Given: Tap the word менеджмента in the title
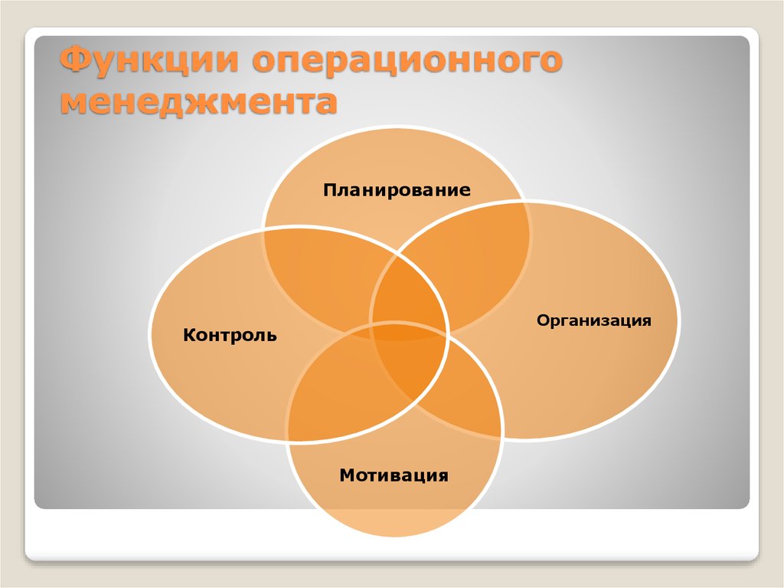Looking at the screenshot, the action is (198, 103).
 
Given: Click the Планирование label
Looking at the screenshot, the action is (397, 190).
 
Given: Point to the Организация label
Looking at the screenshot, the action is (594, 320).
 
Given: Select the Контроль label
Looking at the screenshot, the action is (230, 334).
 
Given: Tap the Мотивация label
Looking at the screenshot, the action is (394, 475).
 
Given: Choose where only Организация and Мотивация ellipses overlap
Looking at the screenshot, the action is (465, 396).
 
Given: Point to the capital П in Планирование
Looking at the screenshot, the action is (330, 190).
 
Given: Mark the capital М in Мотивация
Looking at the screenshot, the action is (348, 475).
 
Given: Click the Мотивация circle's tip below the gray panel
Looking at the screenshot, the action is (395, 535).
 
